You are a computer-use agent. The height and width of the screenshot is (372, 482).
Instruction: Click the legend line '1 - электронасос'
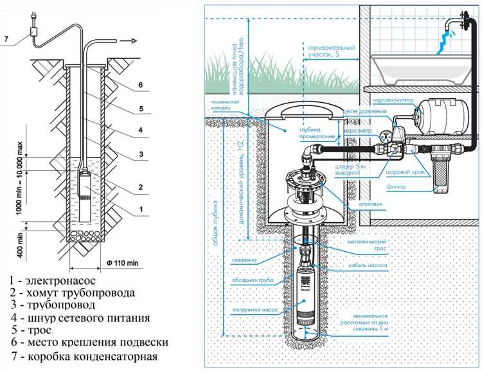pyautogui.click(x=58, y=281)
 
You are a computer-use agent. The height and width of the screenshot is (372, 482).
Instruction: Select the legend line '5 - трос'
pyautogui.click(x=39, y=330)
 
